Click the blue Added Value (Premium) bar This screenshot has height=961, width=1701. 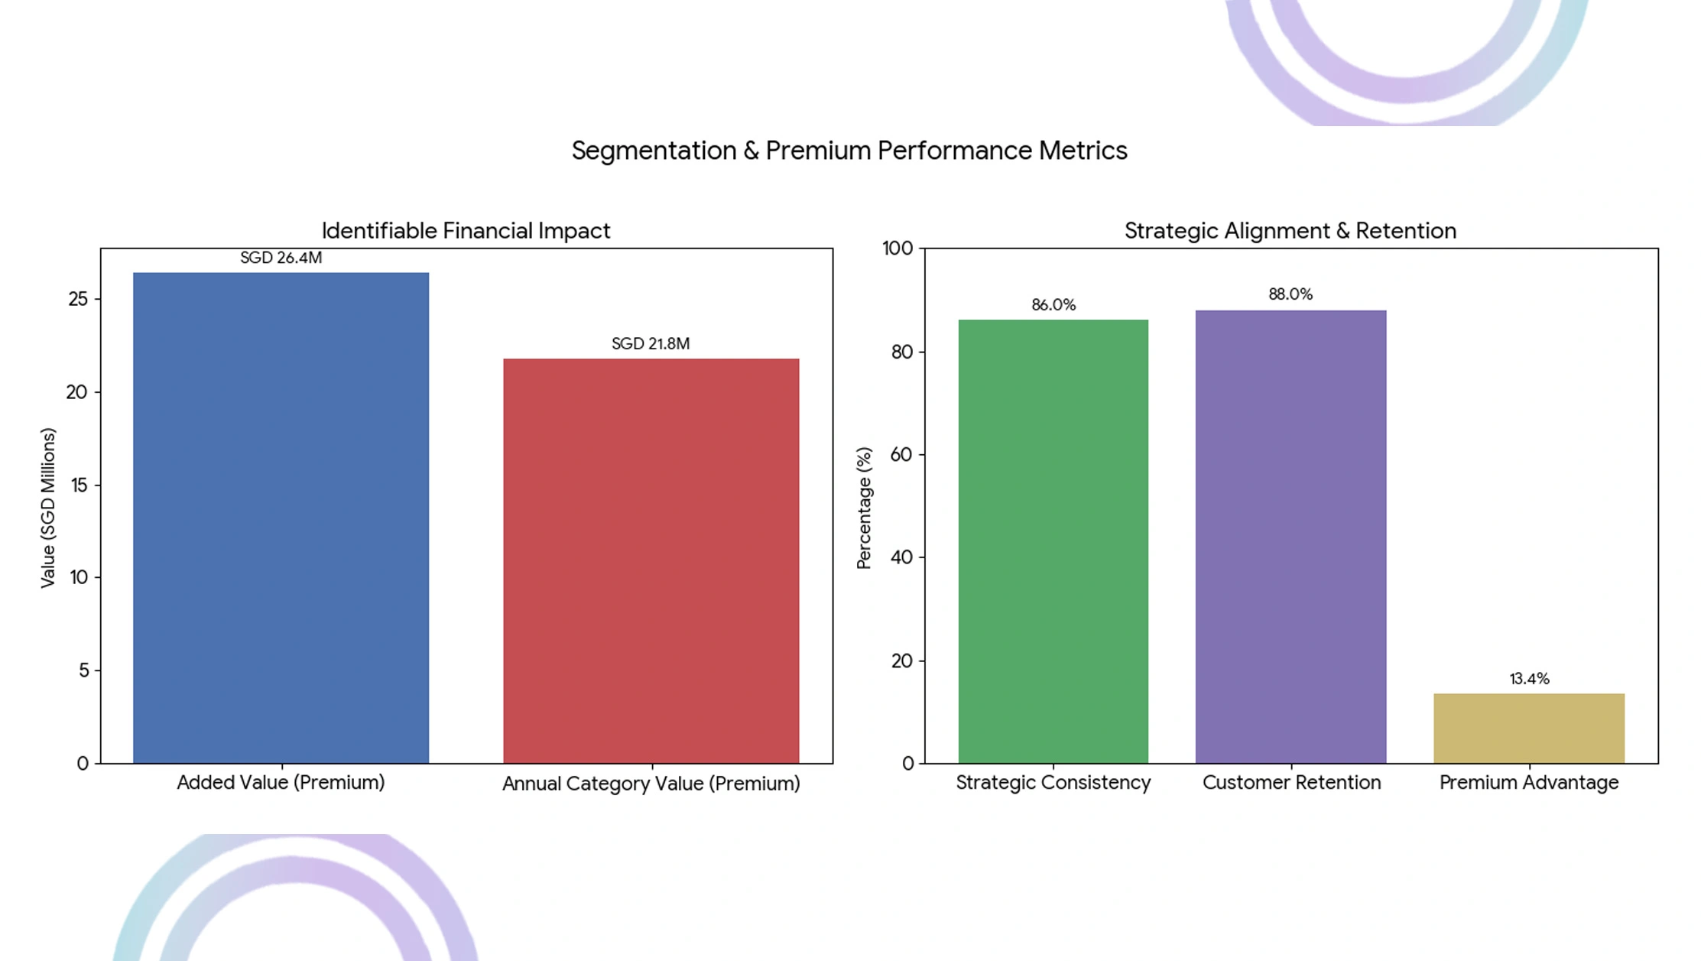281,518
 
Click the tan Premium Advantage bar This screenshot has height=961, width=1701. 1528,728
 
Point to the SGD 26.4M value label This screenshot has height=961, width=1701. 281,258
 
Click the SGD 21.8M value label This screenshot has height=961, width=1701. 651,344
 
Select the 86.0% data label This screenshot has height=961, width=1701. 1053,305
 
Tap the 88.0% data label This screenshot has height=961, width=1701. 1290,294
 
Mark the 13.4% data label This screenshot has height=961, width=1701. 1528,679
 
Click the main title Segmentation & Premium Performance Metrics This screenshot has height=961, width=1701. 849,151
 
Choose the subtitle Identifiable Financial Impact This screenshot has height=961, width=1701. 466,231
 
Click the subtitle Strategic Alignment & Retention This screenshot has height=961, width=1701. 1290,231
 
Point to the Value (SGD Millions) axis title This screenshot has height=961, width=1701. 48,508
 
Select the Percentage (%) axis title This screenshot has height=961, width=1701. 864,508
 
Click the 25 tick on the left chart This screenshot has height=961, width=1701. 78,299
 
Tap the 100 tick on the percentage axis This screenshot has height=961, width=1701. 898,248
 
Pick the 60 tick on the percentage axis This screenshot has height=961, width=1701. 902,455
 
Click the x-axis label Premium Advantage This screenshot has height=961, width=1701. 1528,783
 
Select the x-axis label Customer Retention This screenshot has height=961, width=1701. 1291,783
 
